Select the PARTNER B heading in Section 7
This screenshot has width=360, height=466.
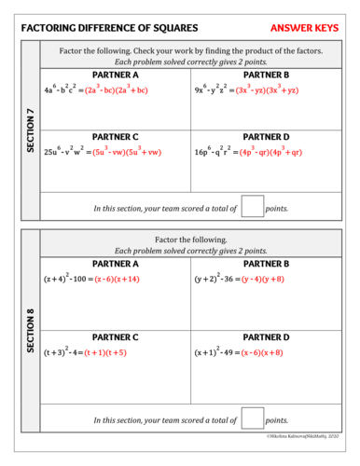(266, 75)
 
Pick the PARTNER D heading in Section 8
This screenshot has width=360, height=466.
(266, 336)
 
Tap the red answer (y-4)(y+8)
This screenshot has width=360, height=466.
(265, 279)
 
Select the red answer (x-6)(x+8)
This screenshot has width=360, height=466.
(266, 353)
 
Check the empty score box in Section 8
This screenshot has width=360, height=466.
(252, 418)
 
